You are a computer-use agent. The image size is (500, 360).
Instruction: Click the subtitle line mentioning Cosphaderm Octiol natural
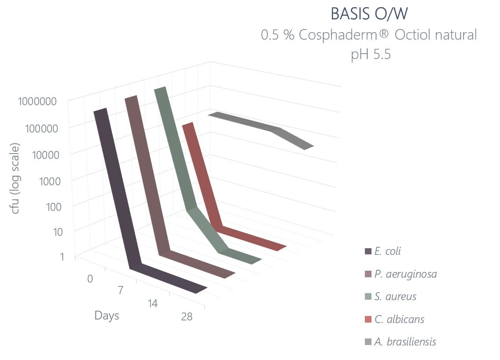(369, 35)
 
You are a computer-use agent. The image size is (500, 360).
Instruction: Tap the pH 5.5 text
(371, 55)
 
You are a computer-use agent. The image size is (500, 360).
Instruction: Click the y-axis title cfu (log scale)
(15, 179)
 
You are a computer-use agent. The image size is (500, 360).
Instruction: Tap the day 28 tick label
(187, 316)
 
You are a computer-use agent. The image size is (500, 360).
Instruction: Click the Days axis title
(107, 316)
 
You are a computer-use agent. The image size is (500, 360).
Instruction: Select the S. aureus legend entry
(395, 297)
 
